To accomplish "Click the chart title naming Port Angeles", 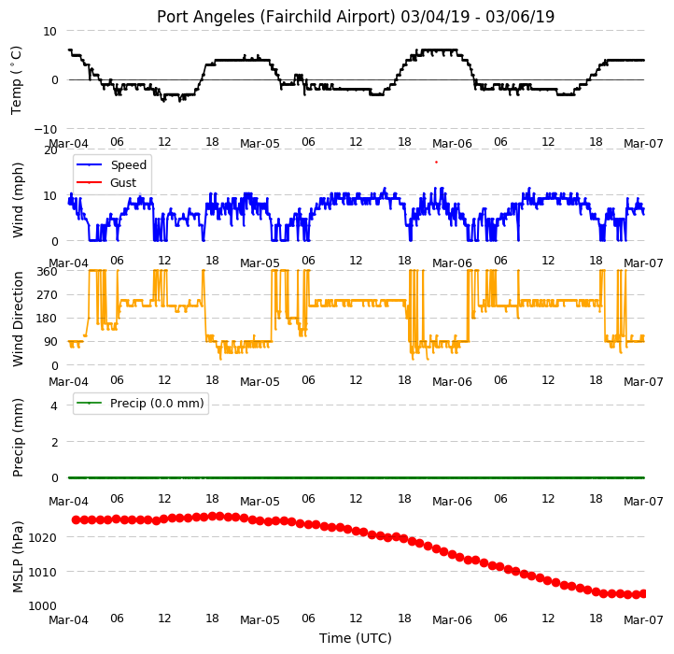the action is [356, 17].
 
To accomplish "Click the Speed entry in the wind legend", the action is [111, 164].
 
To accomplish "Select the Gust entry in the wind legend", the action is [106, 182].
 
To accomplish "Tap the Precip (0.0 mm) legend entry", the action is [140, 404].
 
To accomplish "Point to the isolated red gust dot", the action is [436, 163].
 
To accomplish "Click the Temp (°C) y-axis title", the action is [16, 80].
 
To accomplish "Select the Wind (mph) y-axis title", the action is [17, 200].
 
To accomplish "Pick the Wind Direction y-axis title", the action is [17, 319].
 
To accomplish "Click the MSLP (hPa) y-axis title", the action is [17, 557].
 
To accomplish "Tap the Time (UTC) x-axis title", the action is [356, 637].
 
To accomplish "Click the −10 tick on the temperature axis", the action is [45, 129].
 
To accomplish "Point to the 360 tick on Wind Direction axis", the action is [47, 272].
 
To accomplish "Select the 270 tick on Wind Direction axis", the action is [47, 295].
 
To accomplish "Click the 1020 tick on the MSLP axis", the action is [43, 537].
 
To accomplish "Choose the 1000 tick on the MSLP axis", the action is [43, 605].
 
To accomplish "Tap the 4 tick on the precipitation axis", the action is [54, 405].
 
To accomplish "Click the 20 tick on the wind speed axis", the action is [50, 150].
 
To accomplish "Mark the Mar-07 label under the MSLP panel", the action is [643, 620].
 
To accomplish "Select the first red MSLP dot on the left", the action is [77, 519].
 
